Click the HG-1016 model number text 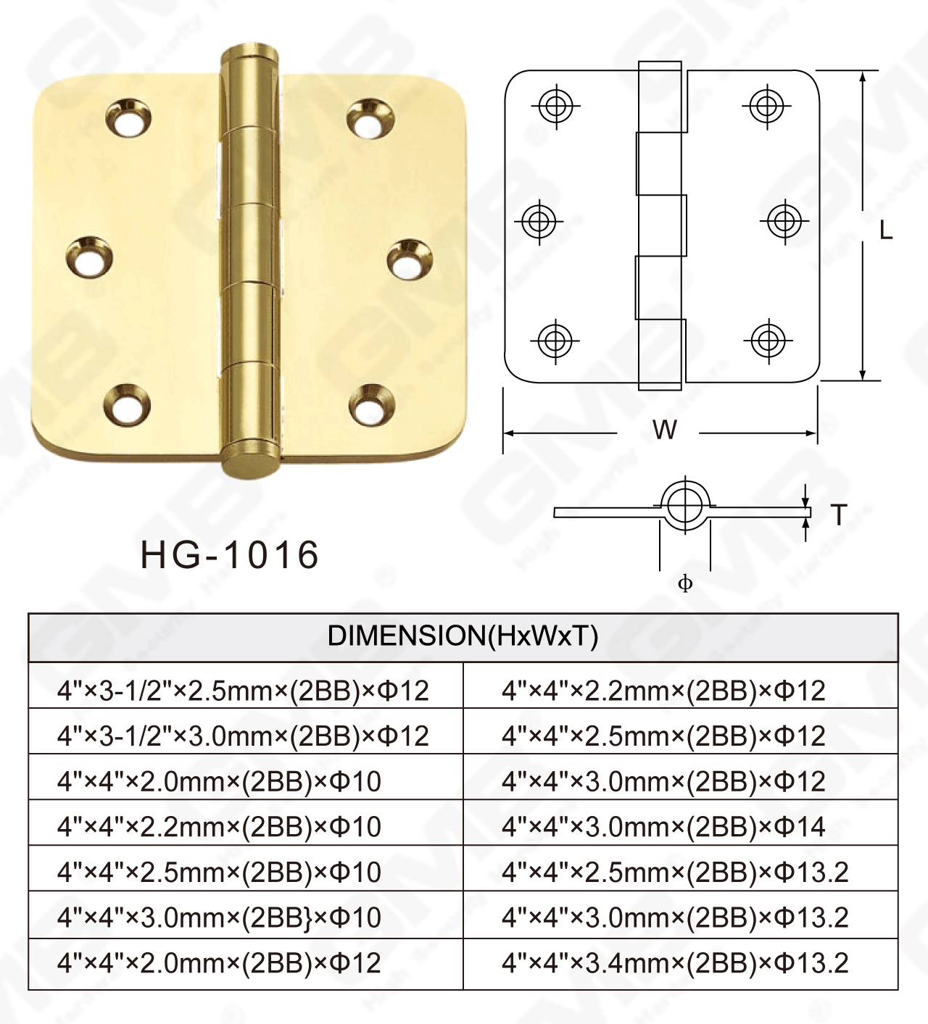click(229, 555)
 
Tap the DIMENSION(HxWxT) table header click(463, 636)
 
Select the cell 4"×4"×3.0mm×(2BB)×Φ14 click(663, 826)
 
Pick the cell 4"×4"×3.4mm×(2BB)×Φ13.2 click(674, 963)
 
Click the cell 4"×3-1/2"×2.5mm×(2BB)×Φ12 click(243, 691)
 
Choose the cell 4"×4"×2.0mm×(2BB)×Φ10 click(219, 781)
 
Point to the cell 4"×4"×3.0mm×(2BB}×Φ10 click(219, 917)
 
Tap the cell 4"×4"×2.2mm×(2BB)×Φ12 click(663, 691)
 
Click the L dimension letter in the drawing click(885, 230)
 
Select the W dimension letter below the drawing click(664, 430)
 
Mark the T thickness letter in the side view click(839, 515)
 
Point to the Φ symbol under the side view click(685, 583)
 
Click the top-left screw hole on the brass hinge click(128, 118)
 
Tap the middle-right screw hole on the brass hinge click(409, 259)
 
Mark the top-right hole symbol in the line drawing click(766, 106)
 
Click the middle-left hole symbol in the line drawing click(539, 220)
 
